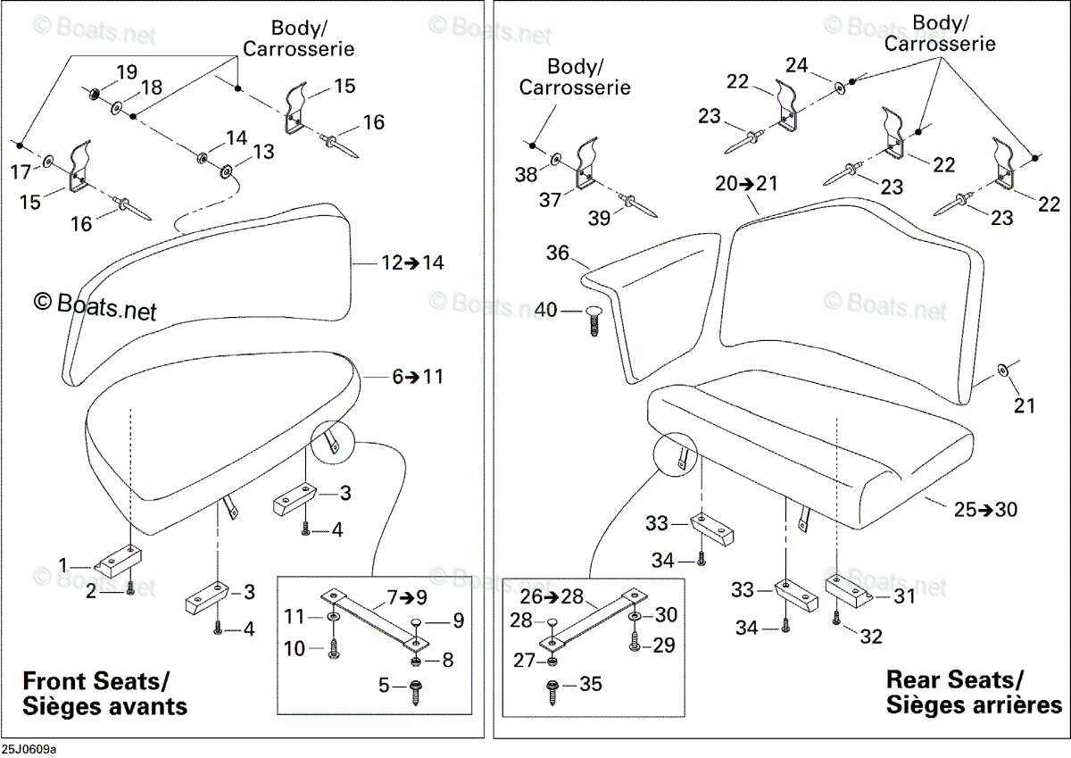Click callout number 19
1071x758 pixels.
click(127, 71)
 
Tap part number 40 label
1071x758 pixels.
click(546, 310)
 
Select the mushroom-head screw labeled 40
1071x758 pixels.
click(594, 321)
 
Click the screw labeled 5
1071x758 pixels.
click(416, 693)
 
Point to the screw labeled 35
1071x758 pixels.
click(552, 693)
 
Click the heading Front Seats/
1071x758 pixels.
click(96, 681)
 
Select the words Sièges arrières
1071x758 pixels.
click(974, 705)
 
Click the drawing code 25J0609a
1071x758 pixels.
click(29, 750)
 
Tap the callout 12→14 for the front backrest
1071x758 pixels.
click(412, 262)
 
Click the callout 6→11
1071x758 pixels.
click(418, 377)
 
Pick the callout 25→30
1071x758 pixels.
click(986, 509)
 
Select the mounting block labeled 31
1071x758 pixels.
click(849, 592)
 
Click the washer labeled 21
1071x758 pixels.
click(1001, 370)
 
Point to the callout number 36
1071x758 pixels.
click(558, 253)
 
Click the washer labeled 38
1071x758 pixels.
click(556, 159)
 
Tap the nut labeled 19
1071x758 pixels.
click(94, 94)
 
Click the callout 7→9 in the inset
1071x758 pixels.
click(407, 597)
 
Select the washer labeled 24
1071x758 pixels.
click(840, 88)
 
